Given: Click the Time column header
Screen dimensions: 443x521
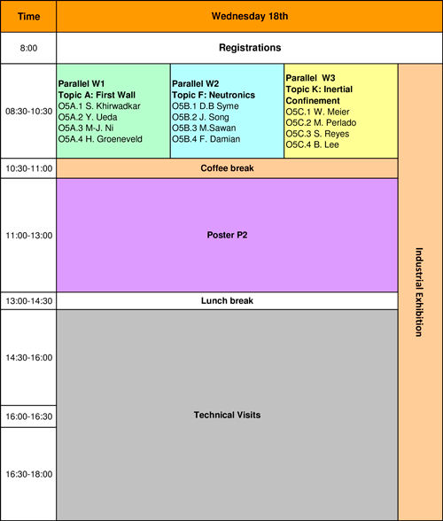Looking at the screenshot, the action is pyautogui.click(x=28, y=16).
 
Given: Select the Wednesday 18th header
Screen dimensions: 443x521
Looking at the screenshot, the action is pyautogui.click(x=250, y=16).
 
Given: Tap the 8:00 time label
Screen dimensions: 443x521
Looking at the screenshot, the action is pyautogui.click(x=28, y=48).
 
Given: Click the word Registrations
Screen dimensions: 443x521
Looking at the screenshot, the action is pyautogui.click(x=250, y=48).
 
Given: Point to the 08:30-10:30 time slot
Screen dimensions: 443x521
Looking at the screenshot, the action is pyautogui.click(x=29, y=111).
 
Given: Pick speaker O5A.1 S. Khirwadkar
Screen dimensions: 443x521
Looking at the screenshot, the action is pyautogui.click(x=99, y=106).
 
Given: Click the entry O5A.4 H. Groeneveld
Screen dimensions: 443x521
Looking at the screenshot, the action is pyautogui.click(x=100, y=139).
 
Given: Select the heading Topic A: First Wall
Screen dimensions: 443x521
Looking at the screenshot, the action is pyautogui.click(x=97, y=95).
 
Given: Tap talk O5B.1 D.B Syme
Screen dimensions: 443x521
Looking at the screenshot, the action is pyautogui.click(x=206, y=106).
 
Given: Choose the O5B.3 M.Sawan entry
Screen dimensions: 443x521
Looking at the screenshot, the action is pyautogui.click(x=204, y=128).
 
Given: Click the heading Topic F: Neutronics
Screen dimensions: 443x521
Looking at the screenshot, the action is pyautogui.click(x=214, y=95).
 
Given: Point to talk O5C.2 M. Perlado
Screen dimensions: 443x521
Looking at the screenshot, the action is pyautogui.click(x=321, y=122).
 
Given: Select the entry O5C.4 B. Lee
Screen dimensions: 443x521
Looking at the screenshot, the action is pyautogui.click(x=313, y=144).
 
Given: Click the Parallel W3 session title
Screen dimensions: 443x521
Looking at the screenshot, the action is pyautogui.click(x=310, y=78).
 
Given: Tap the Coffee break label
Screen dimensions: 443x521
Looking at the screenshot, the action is pyautogui.click(x=227, y=168).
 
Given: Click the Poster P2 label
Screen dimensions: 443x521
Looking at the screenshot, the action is pyautogui.click(x=227, y=235).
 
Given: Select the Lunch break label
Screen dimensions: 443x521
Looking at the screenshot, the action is pyautogui.click(x=227, y=300).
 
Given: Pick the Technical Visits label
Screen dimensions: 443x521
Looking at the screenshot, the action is pyautogui.click(x=227, y=415).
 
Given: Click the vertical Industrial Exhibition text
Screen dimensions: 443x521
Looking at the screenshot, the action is pyautogui.click(x=419, y=292).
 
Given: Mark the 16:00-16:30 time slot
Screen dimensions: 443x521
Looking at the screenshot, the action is pyautogui.click(x=29, y=416).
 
